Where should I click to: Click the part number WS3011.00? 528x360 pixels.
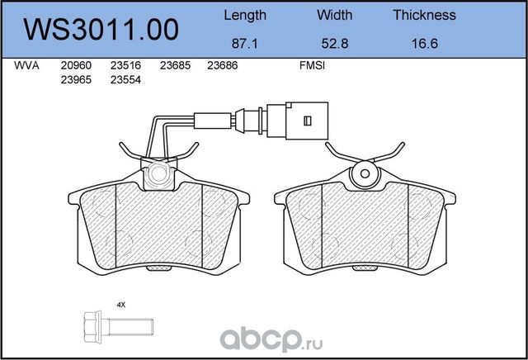click(101, 31)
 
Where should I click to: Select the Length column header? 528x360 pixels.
click(245, 15)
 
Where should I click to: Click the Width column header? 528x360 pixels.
click(334, 15)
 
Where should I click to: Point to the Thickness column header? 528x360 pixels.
click(424, 15)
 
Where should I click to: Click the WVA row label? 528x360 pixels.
click(27, 65)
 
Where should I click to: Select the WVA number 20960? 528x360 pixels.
click(75, 65)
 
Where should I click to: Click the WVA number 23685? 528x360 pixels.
click(174, 65)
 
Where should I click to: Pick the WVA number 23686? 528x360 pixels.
click(222, 65)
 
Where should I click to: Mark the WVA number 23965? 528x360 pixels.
click(75, 79)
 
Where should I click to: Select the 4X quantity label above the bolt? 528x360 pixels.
click(121, 305)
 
